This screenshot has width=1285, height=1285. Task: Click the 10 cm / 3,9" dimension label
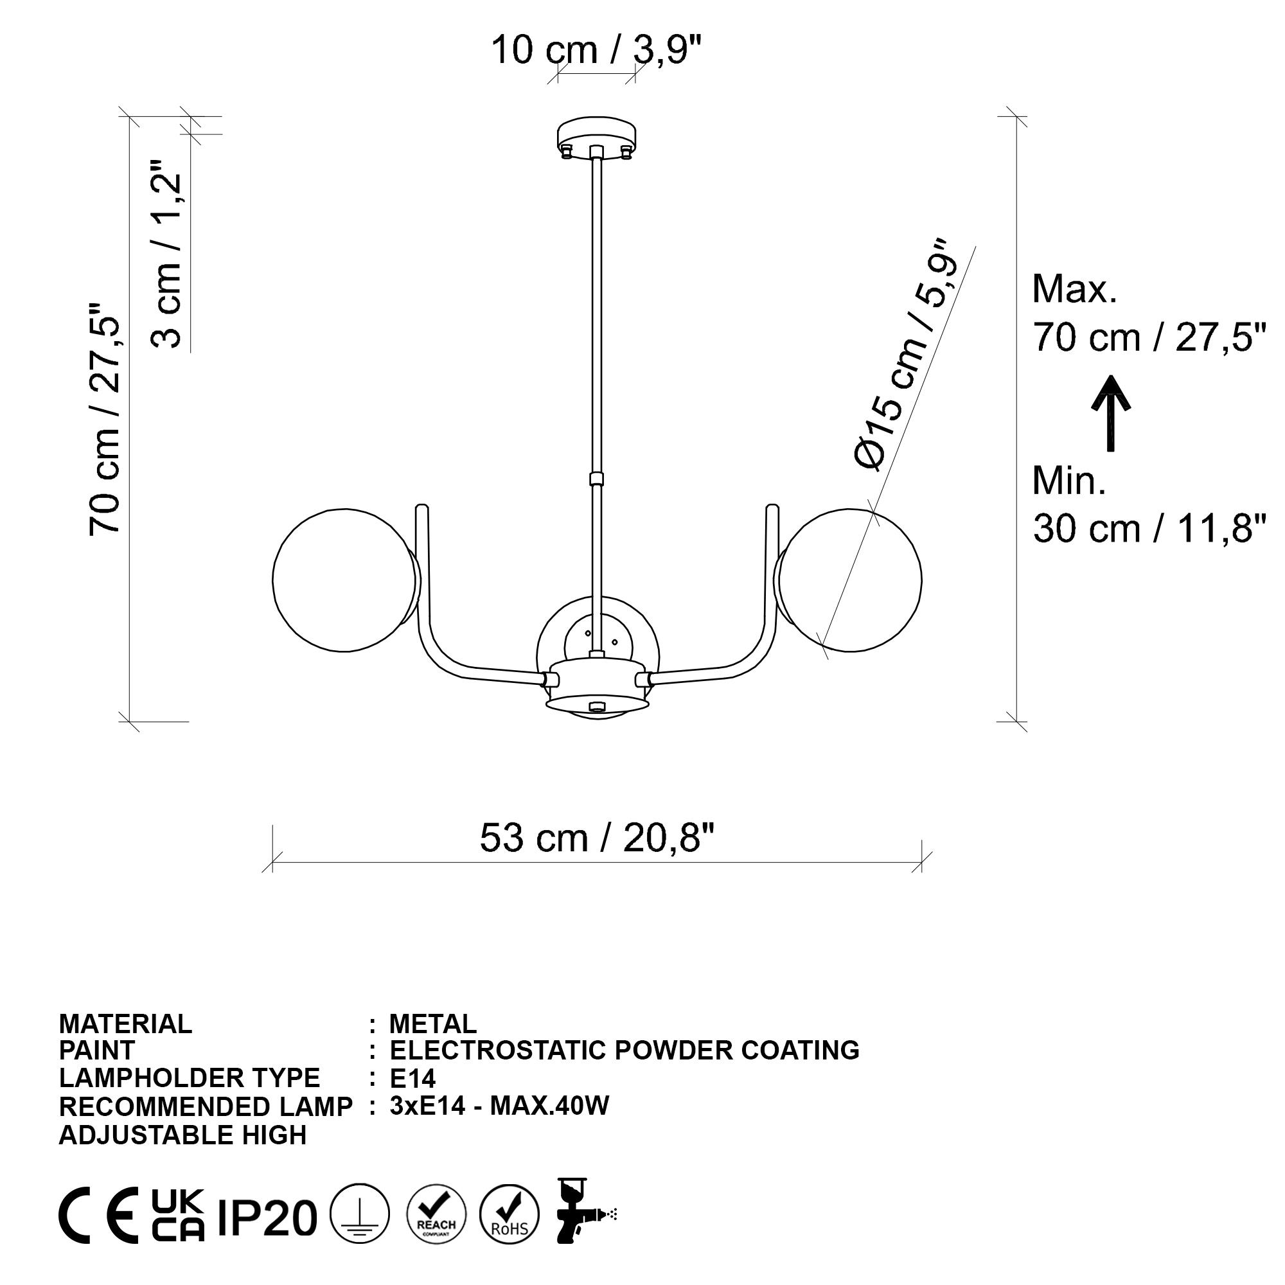point(597,50)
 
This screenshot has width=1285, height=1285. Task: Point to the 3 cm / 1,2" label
point(166,254)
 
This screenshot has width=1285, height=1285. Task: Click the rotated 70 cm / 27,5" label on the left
point(105,420)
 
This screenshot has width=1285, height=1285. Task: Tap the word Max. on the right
point(1075,289)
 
